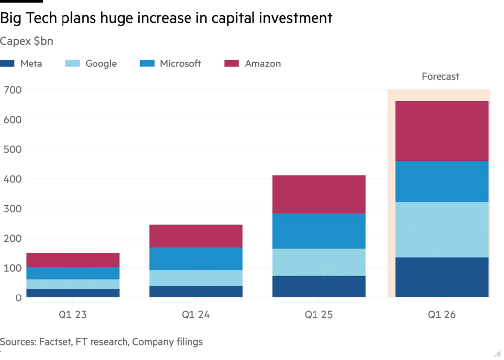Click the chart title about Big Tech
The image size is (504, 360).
(166, 19)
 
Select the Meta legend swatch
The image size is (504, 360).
(9, 64)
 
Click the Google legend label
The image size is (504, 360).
(100, 64)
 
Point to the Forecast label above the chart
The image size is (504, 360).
(440, 77)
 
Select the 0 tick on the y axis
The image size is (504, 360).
(19, 298)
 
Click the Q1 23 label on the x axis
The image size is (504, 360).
(72, 315)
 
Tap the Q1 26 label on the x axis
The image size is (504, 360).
(441, 315)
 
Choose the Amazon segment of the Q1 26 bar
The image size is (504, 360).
(441, 131)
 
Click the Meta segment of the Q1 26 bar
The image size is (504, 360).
(441, 277)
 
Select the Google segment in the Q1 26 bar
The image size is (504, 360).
(441, 229)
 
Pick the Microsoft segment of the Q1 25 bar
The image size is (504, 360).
(318, 231)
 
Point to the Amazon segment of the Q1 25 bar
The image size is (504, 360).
(318, 194)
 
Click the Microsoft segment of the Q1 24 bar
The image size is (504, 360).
(195, 259)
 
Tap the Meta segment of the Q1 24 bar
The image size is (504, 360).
(195, 292)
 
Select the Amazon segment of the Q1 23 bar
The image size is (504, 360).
(72, 260)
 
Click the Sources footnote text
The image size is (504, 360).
(101, 342)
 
